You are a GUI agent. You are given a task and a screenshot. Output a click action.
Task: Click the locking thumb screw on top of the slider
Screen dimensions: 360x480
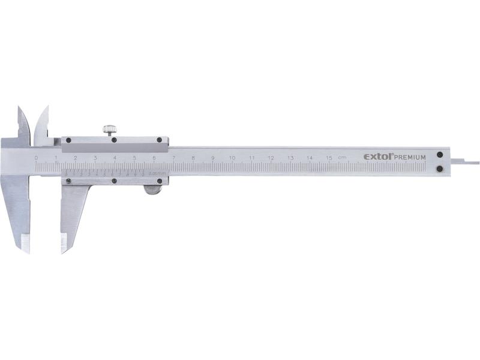(x=109, y=129)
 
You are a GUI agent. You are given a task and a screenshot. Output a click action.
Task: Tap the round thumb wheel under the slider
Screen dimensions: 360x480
(x=152, y=190)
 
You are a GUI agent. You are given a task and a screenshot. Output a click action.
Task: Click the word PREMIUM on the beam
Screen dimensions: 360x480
(x=410, y=157)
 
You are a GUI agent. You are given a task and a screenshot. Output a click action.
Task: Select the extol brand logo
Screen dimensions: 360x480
(x=377, y=157)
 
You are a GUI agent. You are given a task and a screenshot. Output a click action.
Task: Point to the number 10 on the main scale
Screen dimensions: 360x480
(x=232, y=158)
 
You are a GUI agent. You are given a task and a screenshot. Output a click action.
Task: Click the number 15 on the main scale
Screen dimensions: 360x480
(x=329, y=158)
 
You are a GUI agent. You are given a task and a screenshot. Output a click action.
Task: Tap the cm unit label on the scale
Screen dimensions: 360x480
(x=342, y=158)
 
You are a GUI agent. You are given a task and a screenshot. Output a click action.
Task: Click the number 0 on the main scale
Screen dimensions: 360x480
(x=36, y=158)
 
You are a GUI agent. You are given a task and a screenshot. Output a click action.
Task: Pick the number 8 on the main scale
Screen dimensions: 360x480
(x=193, y=158)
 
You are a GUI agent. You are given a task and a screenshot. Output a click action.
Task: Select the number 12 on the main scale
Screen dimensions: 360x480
(x=271, y=158)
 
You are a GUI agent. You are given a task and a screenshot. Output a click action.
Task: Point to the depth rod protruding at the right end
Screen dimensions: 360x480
(x=466, y=161)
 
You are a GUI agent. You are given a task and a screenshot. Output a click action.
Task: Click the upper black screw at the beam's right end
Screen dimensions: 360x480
(x=440, y=154)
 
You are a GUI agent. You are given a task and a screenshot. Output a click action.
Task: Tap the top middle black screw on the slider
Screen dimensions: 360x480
(x=114, y=140)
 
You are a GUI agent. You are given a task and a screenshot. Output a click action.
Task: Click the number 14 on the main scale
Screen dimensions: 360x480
(x=309, y=158)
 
